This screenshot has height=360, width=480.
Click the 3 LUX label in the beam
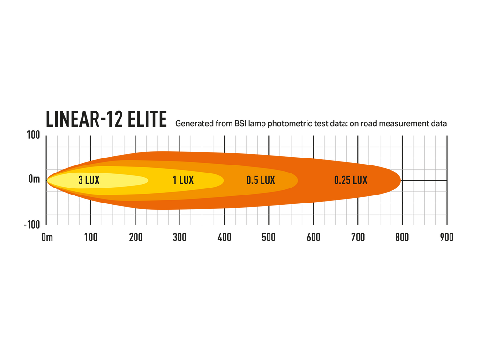[89, 180]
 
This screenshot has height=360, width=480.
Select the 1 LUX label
[183, 180]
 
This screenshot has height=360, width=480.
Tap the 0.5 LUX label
[261, 180]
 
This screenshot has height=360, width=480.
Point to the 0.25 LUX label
[351, 180]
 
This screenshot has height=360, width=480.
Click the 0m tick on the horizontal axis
[47, 237]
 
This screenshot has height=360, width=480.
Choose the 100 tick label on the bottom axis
[91, 237]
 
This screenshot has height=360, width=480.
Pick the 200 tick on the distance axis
[135, 237]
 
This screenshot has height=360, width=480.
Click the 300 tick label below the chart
[180, 237]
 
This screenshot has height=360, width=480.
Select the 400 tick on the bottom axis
[225, 237]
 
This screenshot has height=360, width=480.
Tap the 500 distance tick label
[269, 237]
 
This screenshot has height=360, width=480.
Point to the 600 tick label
[314, 237]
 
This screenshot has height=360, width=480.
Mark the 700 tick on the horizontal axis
[358, 237]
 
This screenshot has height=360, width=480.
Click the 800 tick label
[402, 237]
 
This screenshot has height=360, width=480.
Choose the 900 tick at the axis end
[447, 237]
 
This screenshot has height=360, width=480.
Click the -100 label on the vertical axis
[32, 225]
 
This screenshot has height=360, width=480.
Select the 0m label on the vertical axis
[34, 179]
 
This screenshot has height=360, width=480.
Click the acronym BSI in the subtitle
[241, 124]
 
